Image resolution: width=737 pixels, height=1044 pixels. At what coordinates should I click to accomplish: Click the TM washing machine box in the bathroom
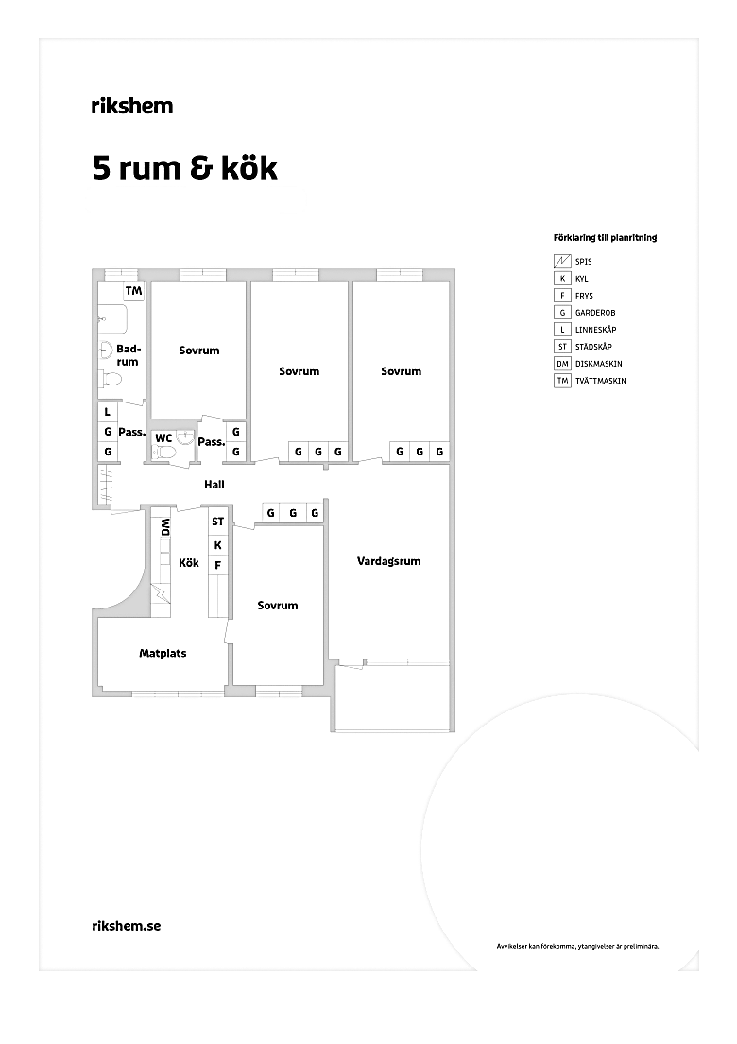(134, 291)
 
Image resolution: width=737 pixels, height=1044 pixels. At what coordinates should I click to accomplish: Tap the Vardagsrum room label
(388, 561)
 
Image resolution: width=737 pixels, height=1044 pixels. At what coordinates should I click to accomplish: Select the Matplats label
(163, 653)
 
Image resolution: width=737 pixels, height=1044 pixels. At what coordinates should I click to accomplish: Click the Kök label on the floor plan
(189, 562)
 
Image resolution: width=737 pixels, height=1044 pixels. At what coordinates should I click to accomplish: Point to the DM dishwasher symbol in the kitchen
(165, 527)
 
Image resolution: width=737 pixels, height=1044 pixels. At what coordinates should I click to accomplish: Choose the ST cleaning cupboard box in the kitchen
(217, 522)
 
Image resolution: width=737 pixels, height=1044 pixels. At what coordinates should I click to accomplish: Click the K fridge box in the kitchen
(217, 545)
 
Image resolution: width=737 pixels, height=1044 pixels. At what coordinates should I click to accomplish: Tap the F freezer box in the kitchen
(217, 566)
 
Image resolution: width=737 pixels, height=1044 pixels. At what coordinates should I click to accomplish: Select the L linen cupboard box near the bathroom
(107, 412)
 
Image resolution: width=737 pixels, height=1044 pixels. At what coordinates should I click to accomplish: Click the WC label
(163, 438)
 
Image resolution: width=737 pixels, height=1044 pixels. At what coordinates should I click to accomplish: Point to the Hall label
(214, 485)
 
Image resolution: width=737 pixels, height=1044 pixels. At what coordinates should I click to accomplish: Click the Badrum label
(128, 355)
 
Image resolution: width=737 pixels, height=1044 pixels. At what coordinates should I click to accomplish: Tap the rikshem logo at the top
(132, 105)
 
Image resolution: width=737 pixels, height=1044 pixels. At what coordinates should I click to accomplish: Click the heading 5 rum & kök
(184, 168)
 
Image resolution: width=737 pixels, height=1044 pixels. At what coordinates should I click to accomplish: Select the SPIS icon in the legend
(562, 261)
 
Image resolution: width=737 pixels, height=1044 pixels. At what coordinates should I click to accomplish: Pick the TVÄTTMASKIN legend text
(601, 381)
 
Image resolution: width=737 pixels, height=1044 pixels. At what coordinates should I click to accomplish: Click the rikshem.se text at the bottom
(127, 926)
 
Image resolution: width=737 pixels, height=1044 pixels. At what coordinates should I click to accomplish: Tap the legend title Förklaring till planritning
(605, 238)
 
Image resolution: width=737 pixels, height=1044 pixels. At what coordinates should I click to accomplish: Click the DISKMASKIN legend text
(598, 364)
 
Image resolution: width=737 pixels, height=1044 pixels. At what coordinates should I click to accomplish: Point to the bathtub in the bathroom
(112, 319)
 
